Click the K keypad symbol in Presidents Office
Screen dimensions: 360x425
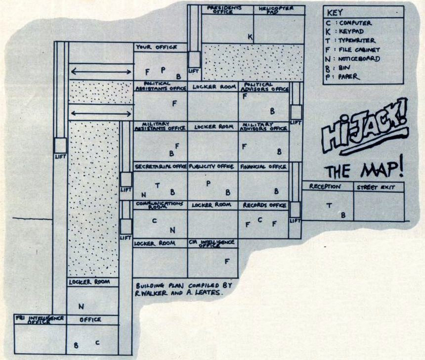point(250,37)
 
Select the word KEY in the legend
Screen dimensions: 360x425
point(334,13)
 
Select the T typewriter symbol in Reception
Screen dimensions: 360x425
point(329,205)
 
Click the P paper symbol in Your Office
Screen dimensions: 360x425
point(163,70)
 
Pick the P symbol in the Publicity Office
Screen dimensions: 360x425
point(209,183)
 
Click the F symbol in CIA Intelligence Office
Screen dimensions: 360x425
point(227,261)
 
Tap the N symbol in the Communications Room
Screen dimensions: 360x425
point(172,230)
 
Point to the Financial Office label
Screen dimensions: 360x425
point(263,167)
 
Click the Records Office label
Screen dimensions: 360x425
point(264,205)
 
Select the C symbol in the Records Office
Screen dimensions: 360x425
point(260,221)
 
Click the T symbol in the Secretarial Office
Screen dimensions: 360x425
point(158,185)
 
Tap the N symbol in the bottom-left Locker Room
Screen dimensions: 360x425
point(81,307)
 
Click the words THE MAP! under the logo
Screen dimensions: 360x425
point(364,170)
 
